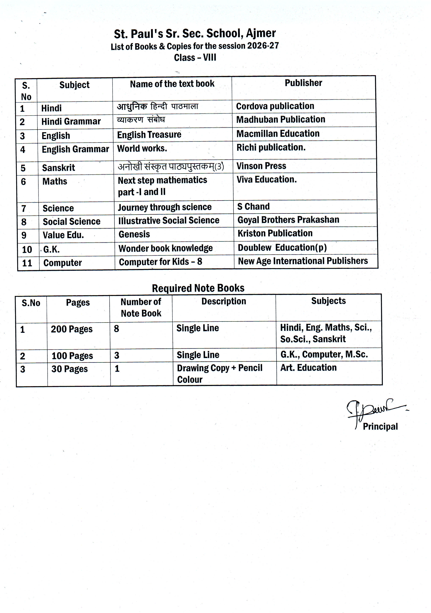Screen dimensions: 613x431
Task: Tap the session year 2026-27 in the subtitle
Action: pyautogui.click(x=263, y=46)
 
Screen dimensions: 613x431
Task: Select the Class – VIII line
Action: pyautogui.click(x=195, y=58)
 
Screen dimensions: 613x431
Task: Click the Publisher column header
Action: pyautogui.click(x=303, y=83)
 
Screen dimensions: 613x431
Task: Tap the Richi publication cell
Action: pyautogui.click(x=271, y=147)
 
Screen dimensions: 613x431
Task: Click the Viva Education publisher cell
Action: pyautogui.click(x=267, y=179)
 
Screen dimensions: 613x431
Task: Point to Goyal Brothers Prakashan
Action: pyautogui.click(x=288, y=220)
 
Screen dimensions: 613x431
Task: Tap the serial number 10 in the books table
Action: pyautogui.click(x=27, y=250)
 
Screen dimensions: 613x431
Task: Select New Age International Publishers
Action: pyautogui.click(x=303, y=261)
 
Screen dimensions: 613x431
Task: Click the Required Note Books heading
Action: pyautogui.click(x=198, y=288)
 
